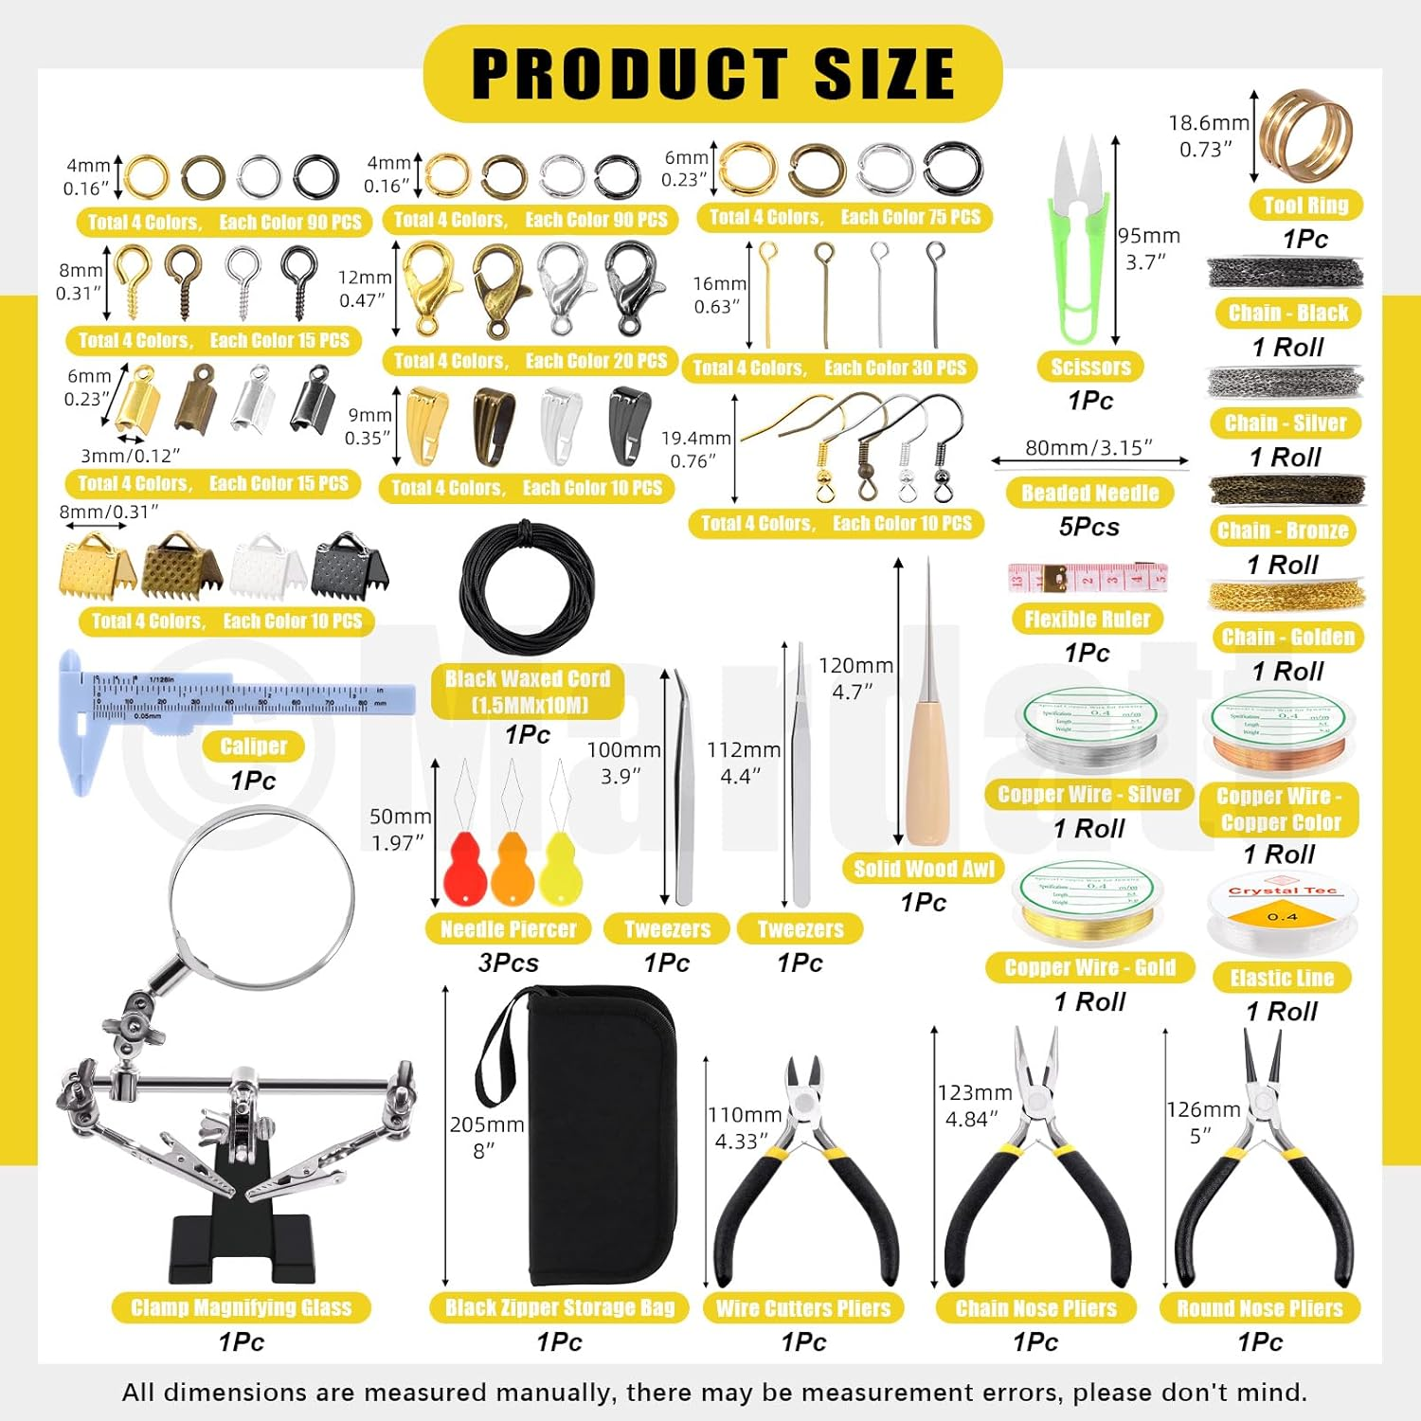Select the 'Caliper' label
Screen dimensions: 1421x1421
tap(253, 746)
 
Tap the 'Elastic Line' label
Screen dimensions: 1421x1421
tap(1282, 978)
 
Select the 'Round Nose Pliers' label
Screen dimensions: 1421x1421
tap(1259, 1308)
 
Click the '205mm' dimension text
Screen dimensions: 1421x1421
tap(487, 1124)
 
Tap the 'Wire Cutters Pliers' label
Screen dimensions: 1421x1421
tap(803, 1308)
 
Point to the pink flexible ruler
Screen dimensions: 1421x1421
tap(1088, 577)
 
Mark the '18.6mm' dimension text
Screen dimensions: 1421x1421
tap(1208, 123)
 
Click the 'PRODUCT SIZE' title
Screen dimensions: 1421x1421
tap(712, 74)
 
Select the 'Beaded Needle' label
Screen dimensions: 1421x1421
tap(1089, 493)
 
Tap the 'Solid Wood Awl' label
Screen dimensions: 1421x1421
tap(924, 869)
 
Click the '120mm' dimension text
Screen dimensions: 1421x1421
tap(855, 666)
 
